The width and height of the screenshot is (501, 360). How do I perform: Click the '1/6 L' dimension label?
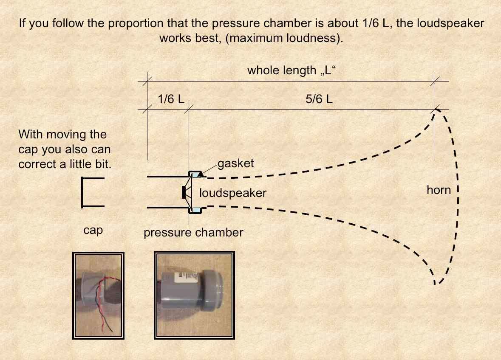171,100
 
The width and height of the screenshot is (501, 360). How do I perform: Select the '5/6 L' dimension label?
319,100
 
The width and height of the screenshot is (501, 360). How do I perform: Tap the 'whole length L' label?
289,70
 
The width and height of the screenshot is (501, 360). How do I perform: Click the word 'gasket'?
236,163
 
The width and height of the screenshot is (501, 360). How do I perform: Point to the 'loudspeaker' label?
233,193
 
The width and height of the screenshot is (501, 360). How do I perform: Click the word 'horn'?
439,190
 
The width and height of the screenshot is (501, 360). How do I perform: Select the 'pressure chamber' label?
193,233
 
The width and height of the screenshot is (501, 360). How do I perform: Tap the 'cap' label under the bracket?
93,231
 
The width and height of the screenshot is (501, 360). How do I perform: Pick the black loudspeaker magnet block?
184,192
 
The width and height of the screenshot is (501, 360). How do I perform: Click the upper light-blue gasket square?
195,174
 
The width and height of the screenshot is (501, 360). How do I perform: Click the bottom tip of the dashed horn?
435,284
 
